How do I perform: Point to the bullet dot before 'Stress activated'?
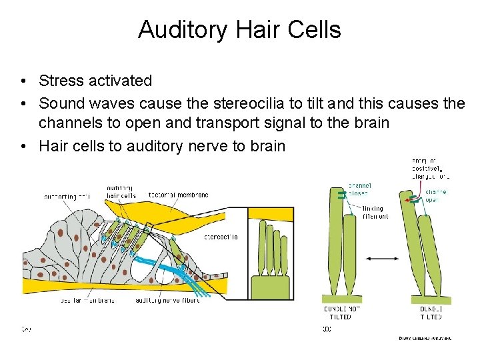(23, 81)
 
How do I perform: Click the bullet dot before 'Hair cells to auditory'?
(23, 145)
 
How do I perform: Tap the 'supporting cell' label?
(67, 197)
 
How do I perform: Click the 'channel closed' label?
(361, 189)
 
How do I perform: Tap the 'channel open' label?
(435, 196)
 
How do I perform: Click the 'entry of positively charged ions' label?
(429, 168)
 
